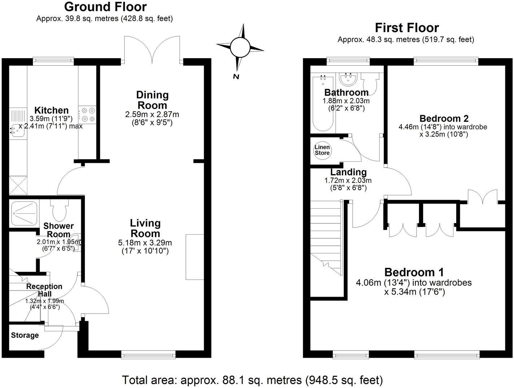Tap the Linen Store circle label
tap(322, 150)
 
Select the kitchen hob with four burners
tap(87, 115)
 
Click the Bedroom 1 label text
tap(414, 272)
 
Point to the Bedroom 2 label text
tap(444, 118)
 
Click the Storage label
tap(25, 335)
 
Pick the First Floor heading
tap(406, 28)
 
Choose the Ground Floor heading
tap(105, 7)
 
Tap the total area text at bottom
tap(252, 380)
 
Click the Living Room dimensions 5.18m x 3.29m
tap(145, 243)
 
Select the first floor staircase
tap(326, 238)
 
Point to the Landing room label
tap(348, 172)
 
